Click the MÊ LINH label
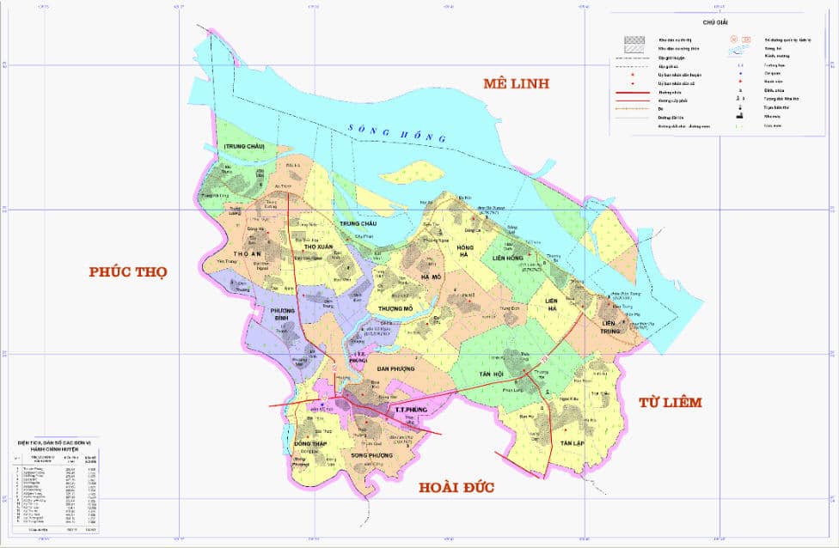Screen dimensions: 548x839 (x=516, y=83)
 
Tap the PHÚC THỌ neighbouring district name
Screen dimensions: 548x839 (x=127, y=272)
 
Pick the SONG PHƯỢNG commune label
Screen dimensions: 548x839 (x=371, y=455)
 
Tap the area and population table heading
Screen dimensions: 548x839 (x=59, y=444)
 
